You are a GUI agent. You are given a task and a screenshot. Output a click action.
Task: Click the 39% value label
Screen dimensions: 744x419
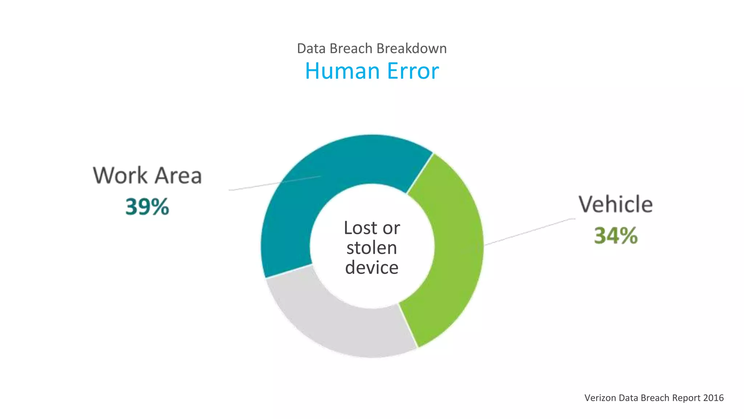(x=147, y=207)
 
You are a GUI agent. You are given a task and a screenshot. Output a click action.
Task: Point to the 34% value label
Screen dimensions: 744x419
(x=616, y=235)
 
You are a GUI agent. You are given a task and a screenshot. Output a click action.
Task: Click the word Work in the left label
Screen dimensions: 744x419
(x=120, y=175)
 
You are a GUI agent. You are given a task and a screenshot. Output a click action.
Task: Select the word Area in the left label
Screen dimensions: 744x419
(x=178, y=175)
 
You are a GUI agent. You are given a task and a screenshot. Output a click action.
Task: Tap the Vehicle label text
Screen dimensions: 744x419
(x=616, y=204)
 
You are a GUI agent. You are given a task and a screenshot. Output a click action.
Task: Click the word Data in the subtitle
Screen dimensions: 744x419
(x=311, y=48)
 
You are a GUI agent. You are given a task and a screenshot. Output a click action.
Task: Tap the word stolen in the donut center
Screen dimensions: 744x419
(x=372, y=248)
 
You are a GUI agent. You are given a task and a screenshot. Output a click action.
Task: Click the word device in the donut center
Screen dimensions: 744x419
(x=372, y=268)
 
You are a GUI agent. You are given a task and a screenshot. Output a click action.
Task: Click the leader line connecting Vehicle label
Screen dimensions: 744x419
(x=530, y=231)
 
